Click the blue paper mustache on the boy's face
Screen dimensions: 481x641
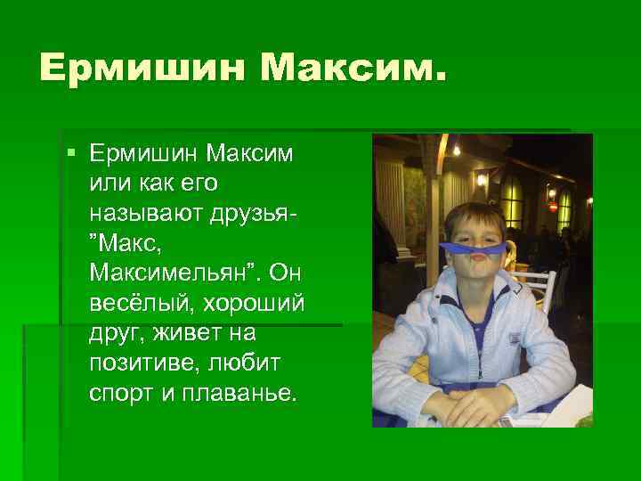475,244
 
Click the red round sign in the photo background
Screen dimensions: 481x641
553,207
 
